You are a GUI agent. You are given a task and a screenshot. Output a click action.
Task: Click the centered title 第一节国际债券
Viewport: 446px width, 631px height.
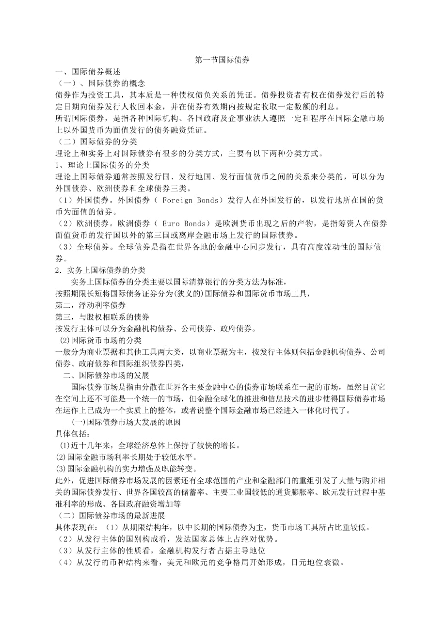click(x=222, y=61)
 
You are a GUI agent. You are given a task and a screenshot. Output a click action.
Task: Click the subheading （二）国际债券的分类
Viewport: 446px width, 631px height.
click(x=97, y=142)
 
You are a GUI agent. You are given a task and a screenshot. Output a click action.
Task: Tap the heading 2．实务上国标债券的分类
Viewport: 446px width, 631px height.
click(x=101, y=269)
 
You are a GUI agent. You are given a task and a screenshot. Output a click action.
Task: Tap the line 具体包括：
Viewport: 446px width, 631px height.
click(x=73, y=434)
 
